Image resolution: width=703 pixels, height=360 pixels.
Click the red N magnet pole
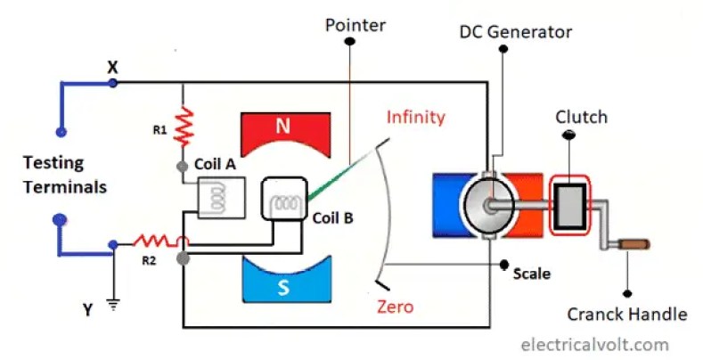(282, 127)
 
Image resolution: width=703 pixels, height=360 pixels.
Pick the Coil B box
(282, 201)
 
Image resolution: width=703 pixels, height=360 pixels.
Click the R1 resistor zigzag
(183, 127)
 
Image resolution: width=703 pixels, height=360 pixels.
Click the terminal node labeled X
(112, 83)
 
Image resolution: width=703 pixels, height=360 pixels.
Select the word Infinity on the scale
(415, 117)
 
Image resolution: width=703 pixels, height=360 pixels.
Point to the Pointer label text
(356, 25)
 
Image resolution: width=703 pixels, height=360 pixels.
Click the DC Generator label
(515, 32)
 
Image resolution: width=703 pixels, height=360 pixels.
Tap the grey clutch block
(569, 203)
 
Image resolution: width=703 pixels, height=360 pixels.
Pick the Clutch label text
(581, 117)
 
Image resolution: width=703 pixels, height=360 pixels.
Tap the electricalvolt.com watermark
(594, 344)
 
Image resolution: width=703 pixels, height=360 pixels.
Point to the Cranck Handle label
(627, 314)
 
